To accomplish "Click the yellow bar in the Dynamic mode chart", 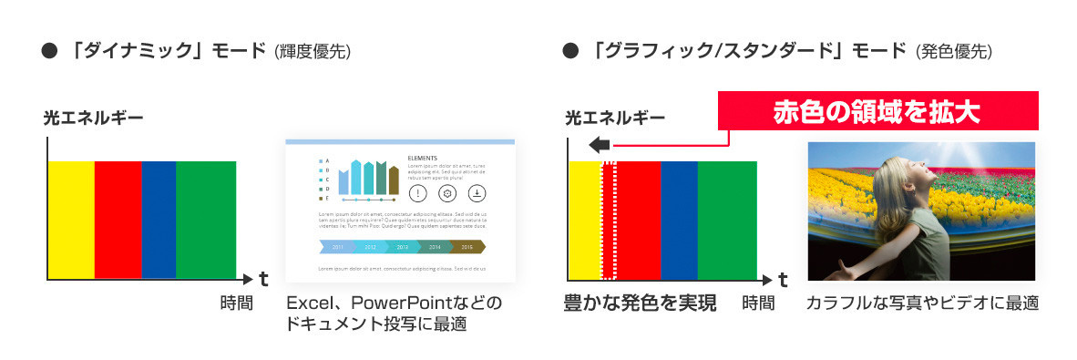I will click(x=71, y=219).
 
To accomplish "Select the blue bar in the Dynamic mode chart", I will click(x=159, y=219).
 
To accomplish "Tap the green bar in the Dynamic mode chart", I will click(x=206, y=219).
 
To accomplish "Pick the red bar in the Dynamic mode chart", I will click(x=118, y=219).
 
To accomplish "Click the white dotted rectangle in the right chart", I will click(x=609, y=219).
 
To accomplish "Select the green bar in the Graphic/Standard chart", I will click(x=727, y=219).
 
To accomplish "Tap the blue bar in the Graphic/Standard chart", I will click(x=679, y=219).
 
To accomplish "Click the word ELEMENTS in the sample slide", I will click(x=423, y=158).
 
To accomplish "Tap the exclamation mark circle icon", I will click(x=417, y=193).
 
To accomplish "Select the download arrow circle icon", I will click(x=477, y=193).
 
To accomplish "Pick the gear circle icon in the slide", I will click(x=446, y=193).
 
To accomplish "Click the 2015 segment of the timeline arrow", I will click(x=467, y=246).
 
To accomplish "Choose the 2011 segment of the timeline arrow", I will click(x=338, y=246).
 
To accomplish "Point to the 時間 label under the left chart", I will click(x=236, y=303).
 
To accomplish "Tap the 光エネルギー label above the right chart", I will click(x=615, y=118).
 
